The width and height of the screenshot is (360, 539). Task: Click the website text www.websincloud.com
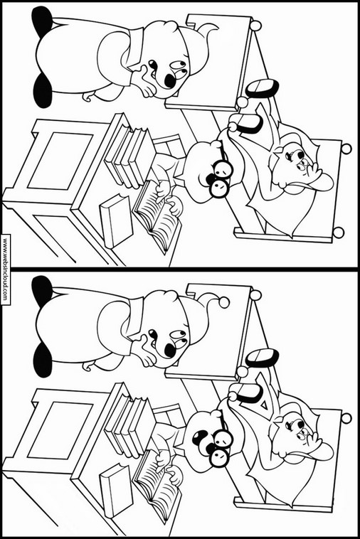(x=5, y=269)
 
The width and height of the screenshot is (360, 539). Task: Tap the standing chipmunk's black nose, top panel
(x=169, y=80)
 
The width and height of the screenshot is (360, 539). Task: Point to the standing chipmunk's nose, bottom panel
(x=169, y=350)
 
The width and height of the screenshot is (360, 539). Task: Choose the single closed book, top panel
(x=116, y=221)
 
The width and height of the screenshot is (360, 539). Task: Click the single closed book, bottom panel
(x=116, y=491)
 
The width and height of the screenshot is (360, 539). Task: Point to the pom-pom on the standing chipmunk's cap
(x=224, y=301)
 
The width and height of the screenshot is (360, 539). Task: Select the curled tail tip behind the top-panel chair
(x=208, y=29)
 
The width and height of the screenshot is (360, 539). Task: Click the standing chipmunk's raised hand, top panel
(x=144, y=80)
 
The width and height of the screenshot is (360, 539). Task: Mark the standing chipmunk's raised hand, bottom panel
(x=144, y=350)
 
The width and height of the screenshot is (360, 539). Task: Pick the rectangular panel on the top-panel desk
(x=60, y=161)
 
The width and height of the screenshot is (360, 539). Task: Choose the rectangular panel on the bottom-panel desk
(x=60, y=430)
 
